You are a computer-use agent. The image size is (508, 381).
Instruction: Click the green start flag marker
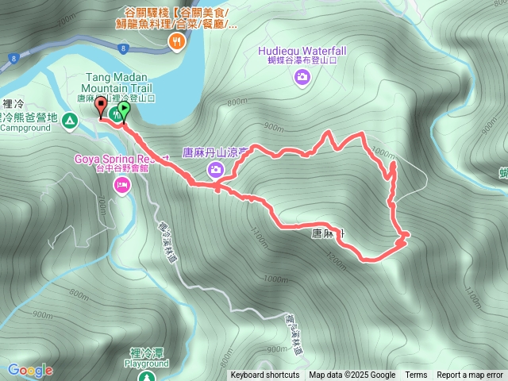(125, 110)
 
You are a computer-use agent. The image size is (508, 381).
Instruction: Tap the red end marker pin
(101, 106)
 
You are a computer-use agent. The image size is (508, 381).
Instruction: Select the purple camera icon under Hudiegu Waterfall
(302, 77)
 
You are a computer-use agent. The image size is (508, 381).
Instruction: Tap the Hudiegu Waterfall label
(302, 51)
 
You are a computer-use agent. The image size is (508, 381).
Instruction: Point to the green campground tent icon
(69, 121)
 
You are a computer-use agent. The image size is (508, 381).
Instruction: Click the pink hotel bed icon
(121, 186)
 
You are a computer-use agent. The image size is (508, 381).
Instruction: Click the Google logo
(29, 370)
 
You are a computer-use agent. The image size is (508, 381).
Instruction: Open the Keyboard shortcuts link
(265, 375)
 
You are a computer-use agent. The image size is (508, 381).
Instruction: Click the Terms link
(416, 375)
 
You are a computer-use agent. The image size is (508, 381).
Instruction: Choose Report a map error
(470, 375)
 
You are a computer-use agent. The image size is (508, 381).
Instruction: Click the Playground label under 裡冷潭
(147, 364)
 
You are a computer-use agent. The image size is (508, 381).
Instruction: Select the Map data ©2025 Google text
(352, 375)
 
